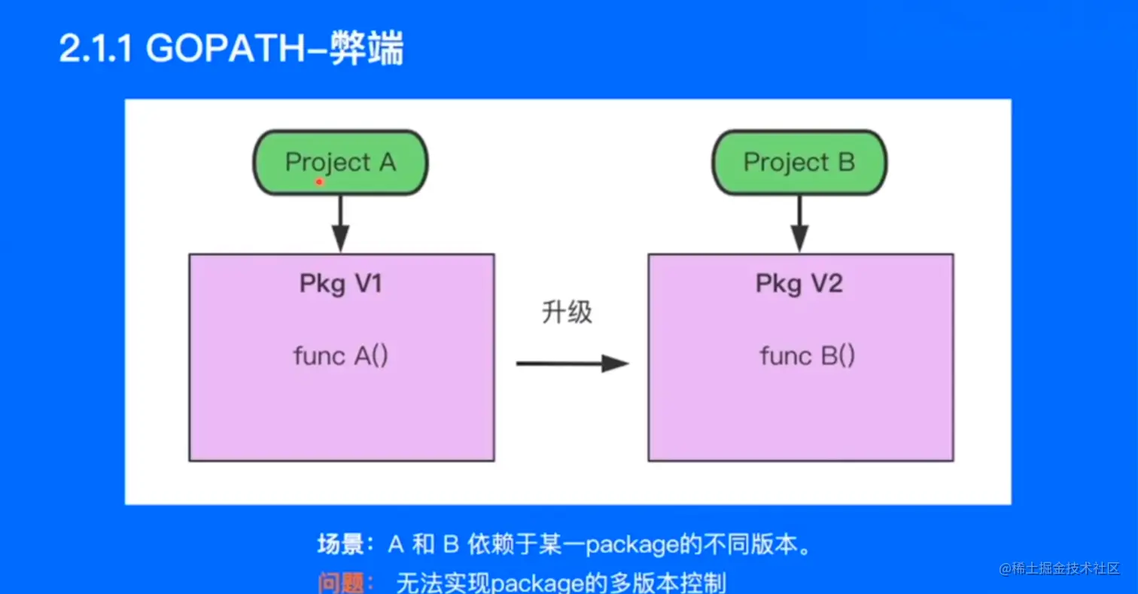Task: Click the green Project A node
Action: pyautogui.click(x=340, y=163)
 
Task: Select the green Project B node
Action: pyautogui.click(x=799, y=163)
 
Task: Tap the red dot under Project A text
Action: pyautogui.click(x=319, y=181)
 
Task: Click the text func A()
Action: pyautogui.click(x=340, y=355)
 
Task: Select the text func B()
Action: pyautogui.click(x=807, y=355)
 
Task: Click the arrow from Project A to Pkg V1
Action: pyautogui.click(x=341, y=224)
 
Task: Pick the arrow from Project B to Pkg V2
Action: pyautogui.click(x=799, y=224)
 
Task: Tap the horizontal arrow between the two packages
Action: pyautogui.click(x=571, y=364)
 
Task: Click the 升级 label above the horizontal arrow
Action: pyautogui.click(x=567, y=312)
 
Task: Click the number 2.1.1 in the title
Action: pyautogui.click(x=97, y=50)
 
